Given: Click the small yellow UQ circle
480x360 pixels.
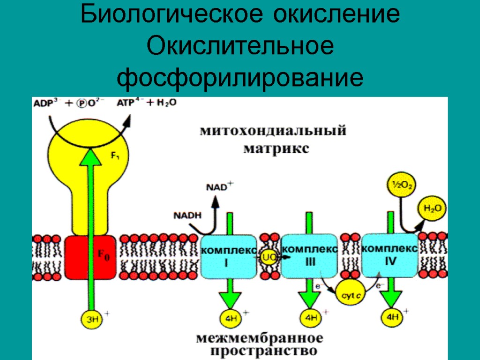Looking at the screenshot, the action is pos(269,257).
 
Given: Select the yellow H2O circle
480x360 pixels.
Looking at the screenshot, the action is pos(432,207).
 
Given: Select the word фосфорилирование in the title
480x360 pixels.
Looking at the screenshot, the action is pos(240,77).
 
